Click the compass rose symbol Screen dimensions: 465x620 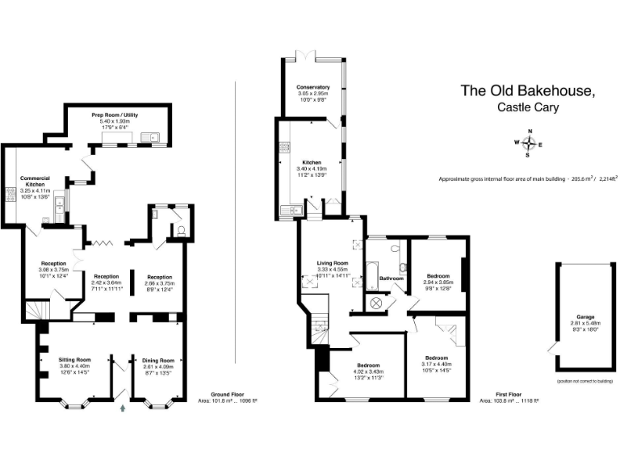(x=530, y=144)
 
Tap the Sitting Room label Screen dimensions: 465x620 (x=74, y=359)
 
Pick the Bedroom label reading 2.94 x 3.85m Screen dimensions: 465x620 (x=438, y=276)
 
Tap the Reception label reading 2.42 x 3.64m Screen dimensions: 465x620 (x=107, y=276)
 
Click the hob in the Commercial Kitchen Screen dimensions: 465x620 (x=12, y=194)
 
